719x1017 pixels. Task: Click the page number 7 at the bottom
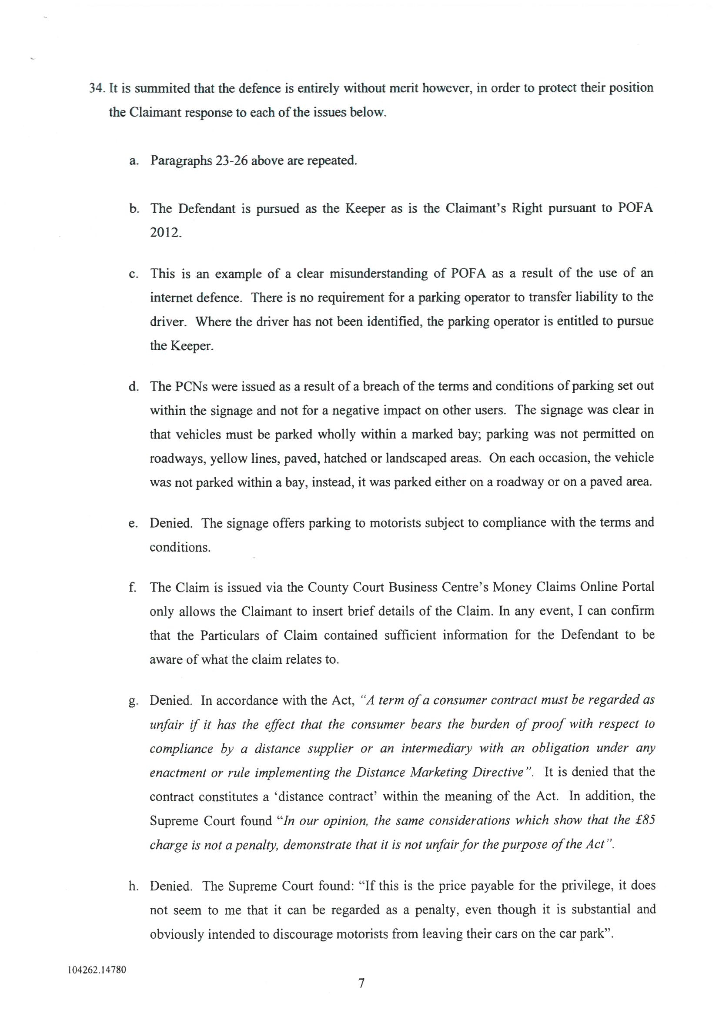pos(361,996)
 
